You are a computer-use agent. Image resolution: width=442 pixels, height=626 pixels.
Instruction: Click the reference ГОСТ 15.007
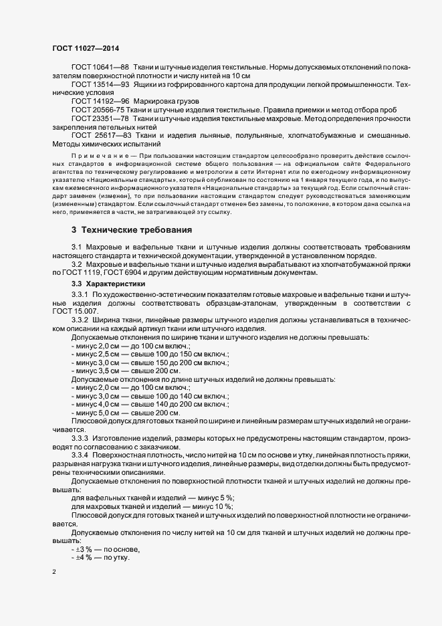click(x=76, y=311)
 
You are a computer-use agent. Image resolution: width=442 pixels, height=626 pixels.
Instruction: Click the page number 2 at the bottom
click(x=53, y=573)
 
